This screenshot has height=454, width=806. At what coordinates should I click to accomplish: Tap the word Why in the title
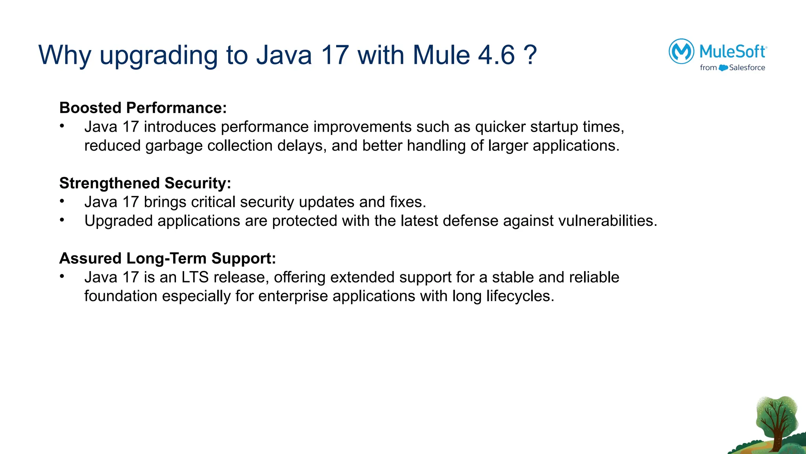click(65, 55)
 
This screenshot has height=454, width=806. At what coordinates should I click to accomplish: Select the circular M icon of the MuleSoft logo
click(681, 51)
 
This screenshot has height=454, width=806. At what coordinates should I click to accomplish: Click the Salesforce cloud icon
click(723, 68)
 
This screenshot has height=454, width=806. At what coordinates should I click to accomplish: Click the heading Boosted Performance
click(143, 108)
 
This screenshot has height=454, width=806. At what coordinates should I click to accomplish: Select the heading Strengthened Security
click(145, 183)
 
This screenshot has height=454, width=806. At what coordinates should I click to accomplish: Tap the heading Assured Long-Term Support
click(167, 258)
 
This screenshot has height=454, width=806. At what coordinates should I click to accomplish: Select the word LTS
click(195, 277)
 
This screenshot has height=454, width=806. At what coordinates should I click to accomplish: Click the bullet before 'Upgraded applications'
click(62, 220)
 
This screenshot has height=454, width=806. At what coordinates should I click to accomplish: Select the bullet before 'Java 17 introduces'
click(62, 126)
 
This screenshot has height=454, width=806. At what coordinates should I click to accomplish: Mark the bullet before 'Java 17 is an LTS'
click(62, 276)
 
